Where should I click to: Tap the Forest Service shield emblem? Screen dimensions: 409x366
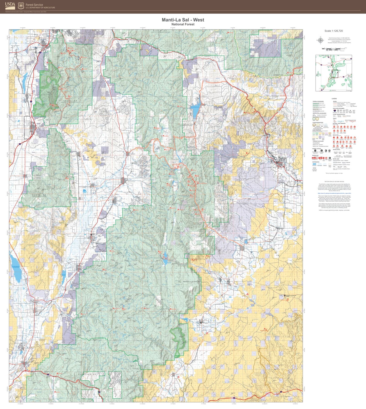coord(21,6)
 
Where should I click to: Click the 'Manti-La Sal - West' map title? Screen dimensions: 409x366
coord(183,20)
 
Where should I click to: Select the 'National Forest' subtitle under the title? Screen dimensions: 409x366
coord(183,24)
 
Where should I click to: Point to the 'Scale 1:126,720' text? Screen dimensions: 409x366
coord(334,31)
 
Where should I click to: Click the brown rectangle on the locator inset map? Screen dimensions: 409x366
coord(335,74)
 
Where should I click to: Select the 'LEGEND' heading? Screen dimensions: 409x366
coord(334,99)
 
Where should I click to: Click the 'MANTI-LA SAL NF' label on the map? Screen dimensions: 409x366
coord(192,282)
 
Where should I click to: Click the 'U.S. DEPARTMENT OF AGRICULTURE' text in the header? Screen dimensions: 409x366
coord(40,8)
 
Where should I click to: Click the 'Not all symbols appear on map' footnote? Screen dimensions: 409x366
coord(334,173)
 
